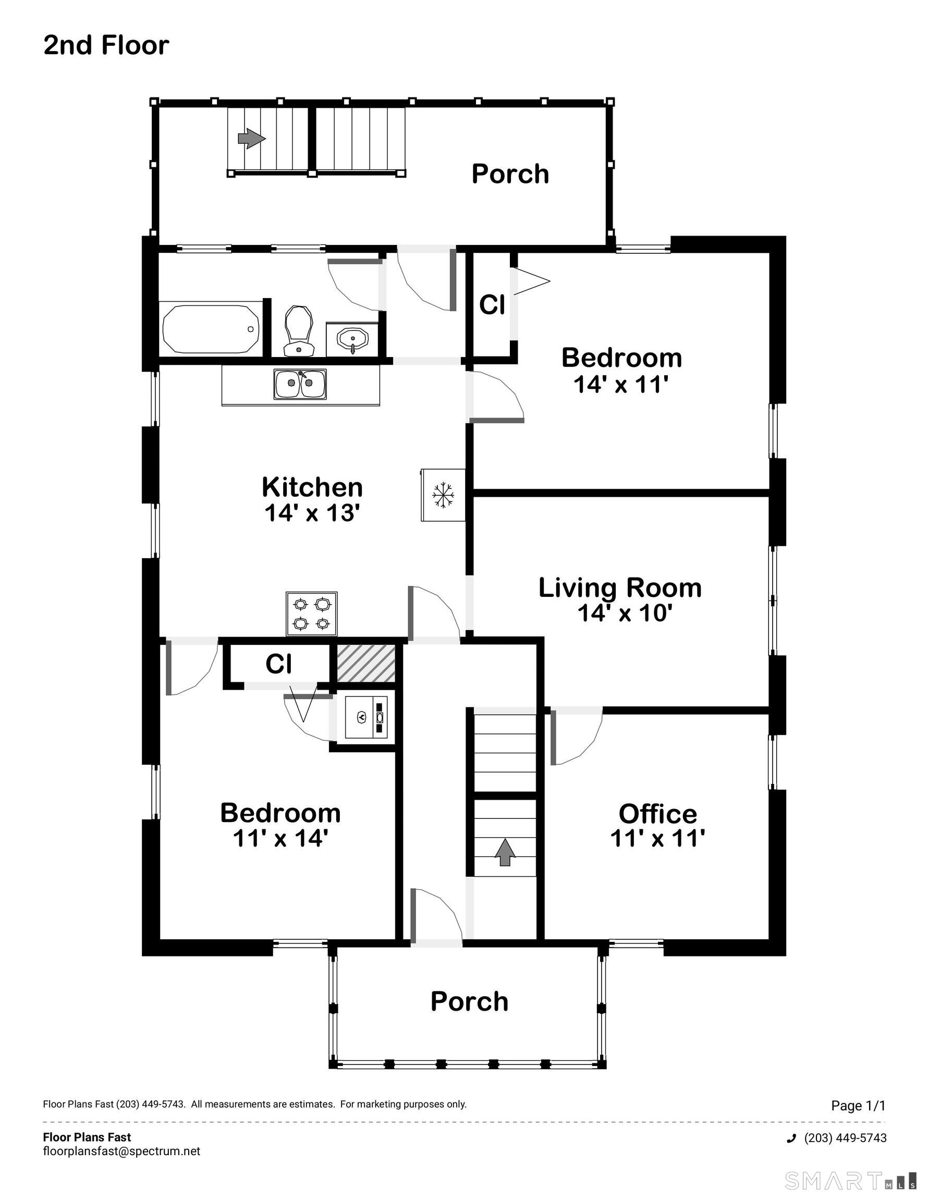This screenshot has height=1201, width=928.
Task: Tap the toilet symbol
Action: click(x=299, y=331)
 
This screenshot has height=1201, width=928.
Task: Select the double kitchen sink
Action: click(x=300, y=384)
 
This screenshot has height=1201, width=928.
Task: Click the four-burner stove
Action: click(x=311, y=614)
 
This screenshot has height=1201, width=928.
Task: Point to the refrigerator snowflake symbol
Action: click(x=443, y=495)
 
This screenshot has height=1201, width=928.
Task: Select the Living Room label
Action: click(x=620, y=588)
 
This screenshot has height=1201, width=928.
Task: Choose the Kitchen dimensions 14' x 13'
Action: click(x=312, y=513)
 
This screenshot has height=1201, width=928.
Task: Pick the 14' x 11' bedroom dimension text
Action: click(x=621, y=384)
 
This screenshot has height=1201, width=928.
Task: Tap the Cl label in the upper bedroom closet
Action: click(x=492, y=304)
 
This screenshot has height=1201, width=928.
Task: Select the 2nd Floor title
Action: click(x=106, y=45)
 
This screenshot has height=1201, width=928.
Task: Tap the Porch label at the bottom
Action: click(x=469, y=1001)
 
